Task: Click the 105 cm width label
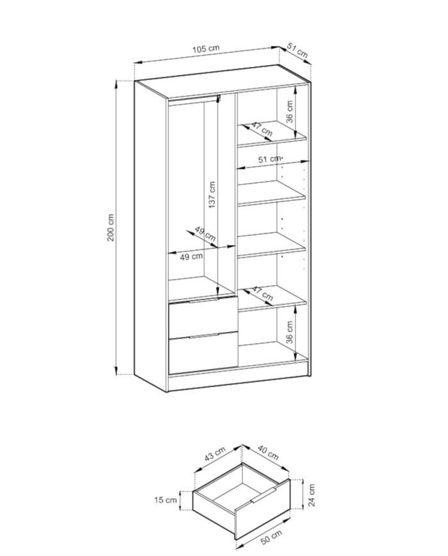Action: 205,49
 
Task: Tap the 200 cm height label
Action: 111,228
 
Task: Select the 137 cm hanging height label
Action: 212,195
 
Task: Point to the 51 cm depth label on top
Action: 297,50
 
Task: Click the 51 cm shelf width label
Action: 269,159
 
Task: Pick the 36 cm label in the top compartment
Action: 290,112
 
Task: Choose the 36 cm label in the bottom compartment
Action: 290,332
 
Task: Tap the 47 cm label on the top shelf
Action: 262,129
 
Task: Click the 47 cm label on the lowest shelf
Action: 262,293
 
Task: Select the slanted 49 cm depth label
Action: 205,234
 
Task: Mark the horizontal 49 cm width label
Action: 191,257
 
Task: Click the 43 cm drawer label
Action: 214,454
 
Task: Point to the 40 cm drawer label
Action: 268,452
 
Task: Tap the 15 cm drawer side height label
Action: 165,500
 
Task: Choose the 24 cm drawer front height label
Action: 311,495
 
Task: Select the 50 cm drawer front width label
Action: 271,537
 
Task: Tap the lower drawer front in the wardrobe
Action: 204,353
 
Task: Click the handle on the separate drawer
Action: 263,495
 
